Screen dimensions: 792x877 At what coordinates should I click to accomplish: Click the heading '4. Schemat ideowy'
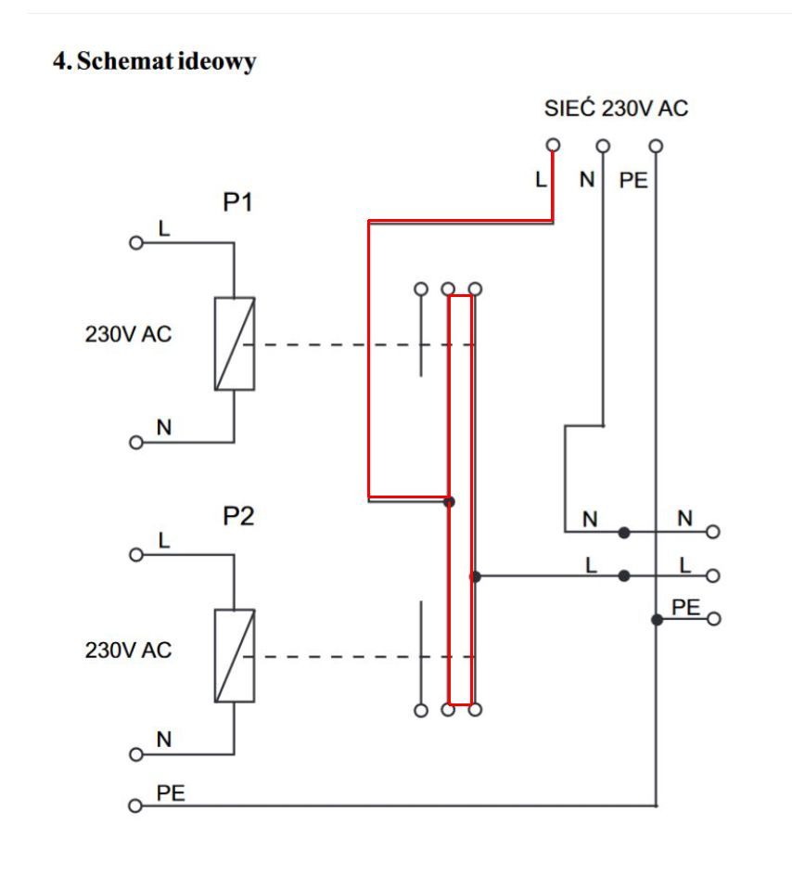point(154,61)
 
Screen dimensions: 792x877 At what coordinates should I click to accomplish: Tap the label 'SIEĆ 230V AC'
point(616,108)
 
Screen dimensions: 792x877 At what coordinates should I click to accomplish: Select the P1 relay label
point(238,202)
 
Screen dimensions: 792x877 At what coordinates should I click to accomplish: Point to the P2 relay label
point(238,516)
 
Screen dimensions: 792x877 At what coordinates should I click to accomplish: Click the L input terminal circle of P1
point(136,243)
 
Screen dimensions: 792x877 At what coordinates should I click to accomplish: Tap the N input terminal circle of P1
point(136,443)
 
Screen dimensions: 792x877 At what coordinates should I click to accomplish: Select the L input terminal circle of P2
point(136,554)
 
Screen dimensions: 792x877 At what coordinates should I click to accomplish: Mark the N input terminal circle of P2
point(136,754)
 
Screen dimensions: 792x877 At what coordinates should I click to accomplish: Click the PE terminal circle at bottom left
point(135,806)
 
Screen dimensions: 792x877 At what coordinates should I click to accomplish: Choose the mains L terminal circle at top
point(553,145)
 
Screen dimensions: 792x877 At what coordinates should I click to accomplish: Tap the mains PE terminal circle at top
point(657,146)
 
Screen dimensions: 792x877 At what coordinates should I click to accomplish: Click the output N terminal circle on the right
point(712,532)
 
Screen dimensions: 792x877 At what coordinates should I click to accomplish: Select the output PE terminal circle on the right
point(714,619)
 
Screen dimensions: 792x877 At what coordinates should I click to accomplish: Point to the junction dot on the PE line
point(657,619)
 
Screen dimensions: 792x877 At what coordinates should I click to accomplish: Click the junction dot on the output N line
point(624,533)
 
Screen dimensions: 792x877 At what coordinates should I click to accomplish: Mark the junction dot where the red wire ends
point(449,502)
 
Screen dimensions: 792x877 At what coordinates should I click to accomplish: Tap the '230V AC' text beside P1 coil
point(128,334)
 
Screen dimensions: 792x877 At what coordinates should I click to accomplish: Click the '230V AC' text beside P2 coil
point(128,650)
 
